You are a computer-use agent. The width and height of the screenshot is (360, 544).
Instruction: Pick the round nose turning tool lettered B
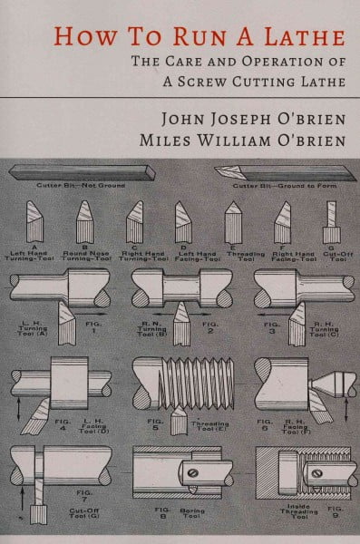(86, 217)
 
